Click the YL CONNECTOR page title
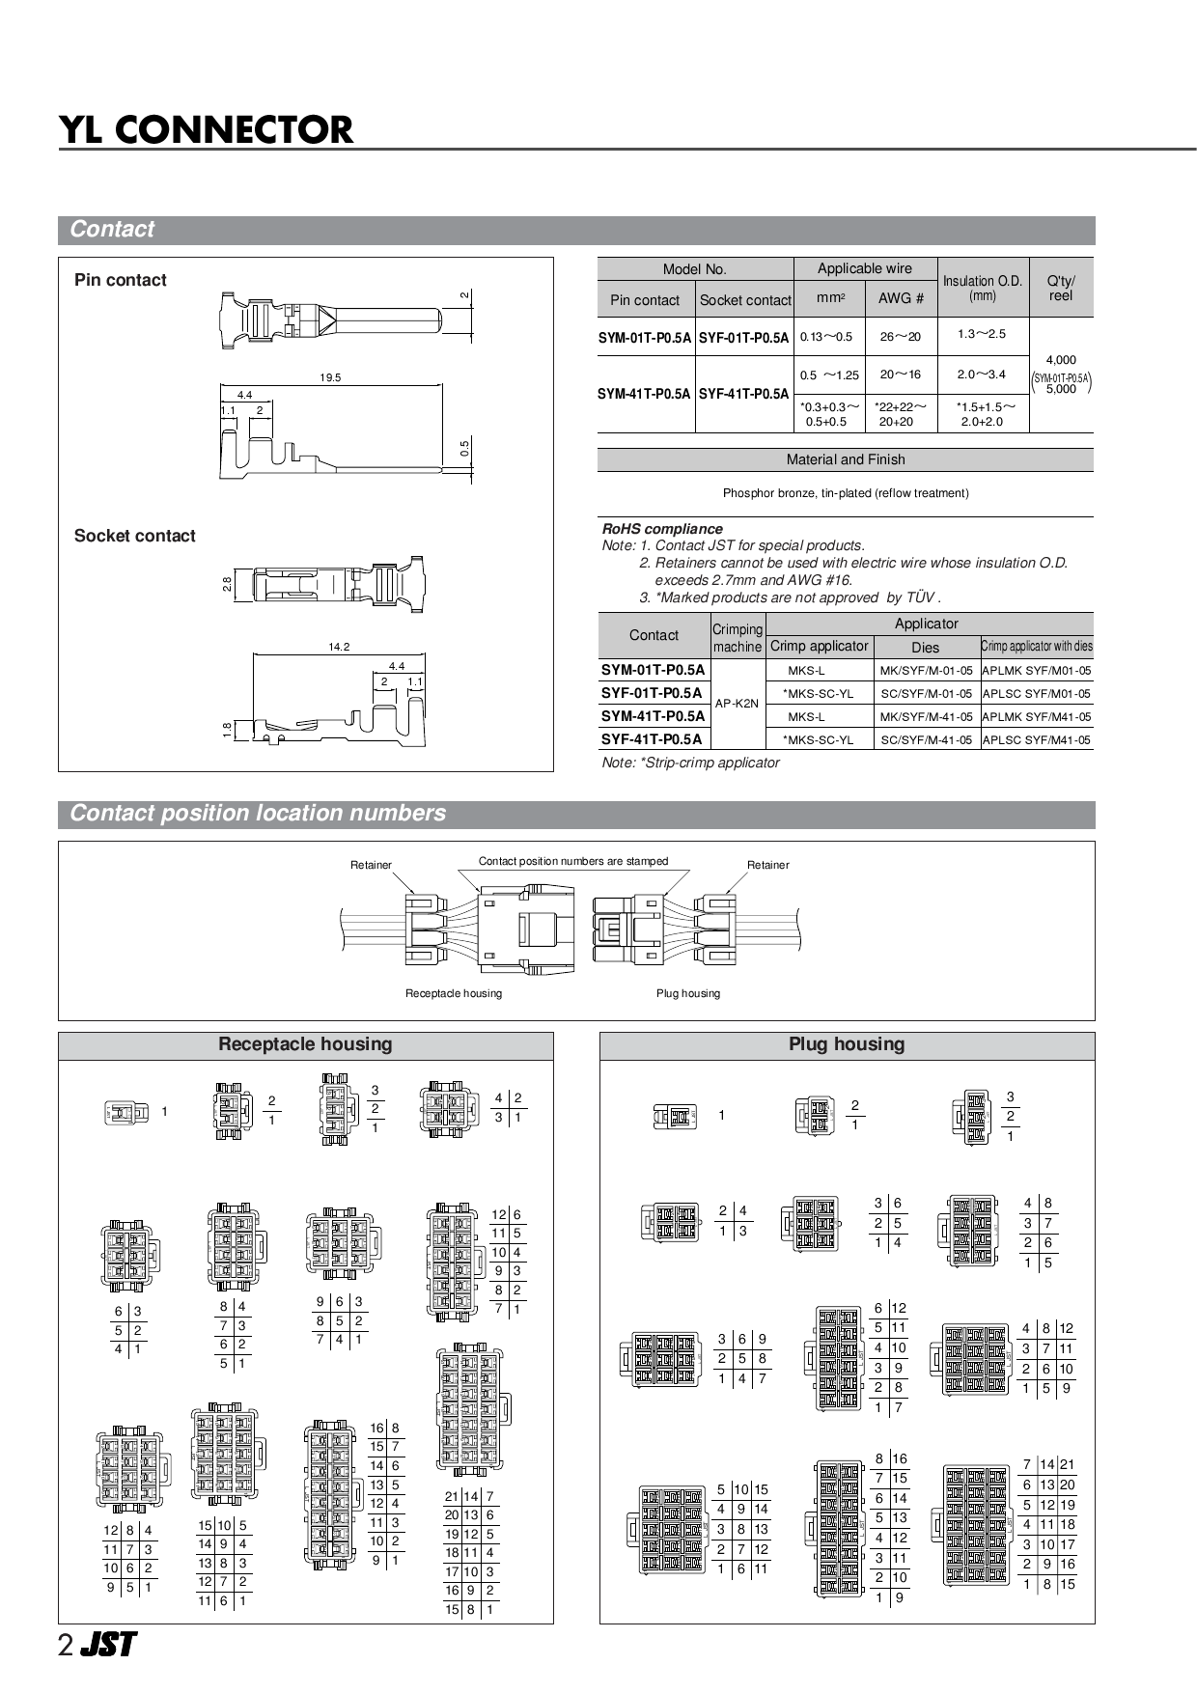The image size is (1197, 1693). click(207, 129)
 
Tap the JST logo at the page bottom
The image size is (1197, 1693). click(108, 1645)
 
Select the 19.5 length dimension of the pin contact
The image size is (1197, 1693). click(330, 377)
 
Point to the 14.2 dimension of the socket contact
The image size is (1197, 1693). click(339, 647)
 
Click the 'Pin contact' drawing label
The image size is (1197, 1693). click(121, 280)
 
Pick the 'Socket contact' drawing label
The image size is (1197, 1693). click(135, 536)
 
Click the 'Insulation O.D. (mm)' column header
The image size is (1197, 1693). click(983, 288)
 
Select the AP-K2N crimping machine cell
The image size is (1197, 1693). click(737, 704)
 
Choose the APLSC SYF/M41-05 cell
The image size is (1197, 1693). click(1037, 740)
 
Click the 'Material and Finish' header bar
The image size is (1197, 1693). click(846, 459)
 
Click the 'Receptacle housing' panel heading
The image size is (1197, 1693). click(305, 1044)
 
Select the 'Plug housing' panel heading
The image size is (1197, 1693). click(847, 1044)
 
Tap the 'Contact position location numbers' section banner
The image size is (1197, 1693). click(258, 813)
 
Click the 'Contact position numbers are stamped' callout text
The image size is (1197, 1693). click(573, 861)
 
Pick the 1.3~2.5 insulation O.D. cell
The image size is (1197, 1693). click(982, 334)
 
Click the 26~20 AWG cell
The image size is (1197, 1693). click(901, 336)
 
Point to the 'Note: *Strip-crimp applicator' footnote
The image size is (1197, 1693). click(690, 763)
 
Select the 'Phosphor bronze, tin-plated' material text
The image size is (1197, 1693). click(846, 493)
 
